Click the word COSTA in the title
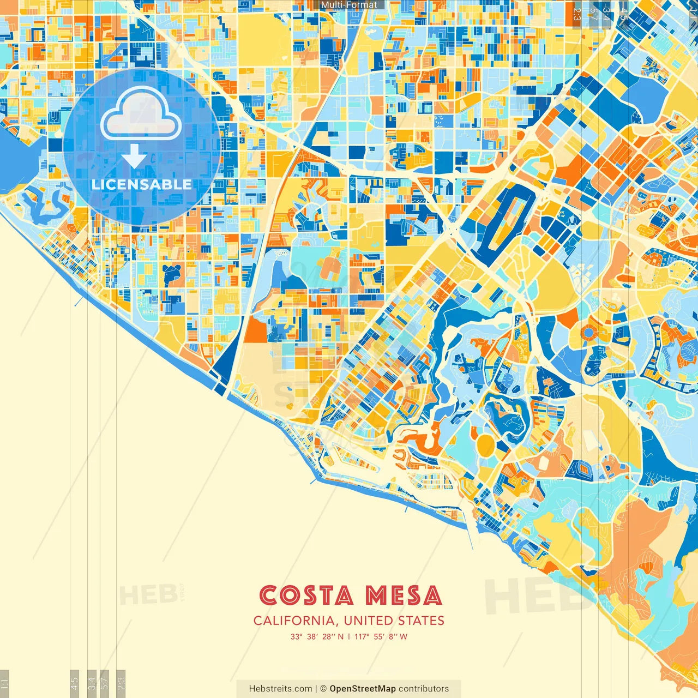(x=306, y=595)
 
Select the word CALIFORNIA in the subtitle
(x=294, y=621)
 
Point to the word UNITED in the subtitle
(x=368, y=621)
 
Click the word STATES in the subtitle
(x=420, y=621)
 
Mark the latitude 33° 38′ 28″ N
(x=317, y=636)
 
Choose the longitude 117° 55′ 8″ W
(x=381, y=636)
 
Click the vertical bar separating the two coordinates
(x=349, y=636)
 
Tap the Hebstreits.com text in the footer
(x=280, y=689)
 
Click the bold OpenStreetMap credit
(x=363, y=689)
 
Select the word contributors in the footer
(x=424, y=689)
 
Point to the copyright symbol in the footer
(x=323, y=689)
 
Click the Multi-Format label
(x=349, y=5)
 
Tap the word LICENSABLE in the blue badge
(x=142, y=184)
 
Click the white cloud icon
(x=141, y=114)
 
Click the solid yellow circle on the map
(x=485, y=444)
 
